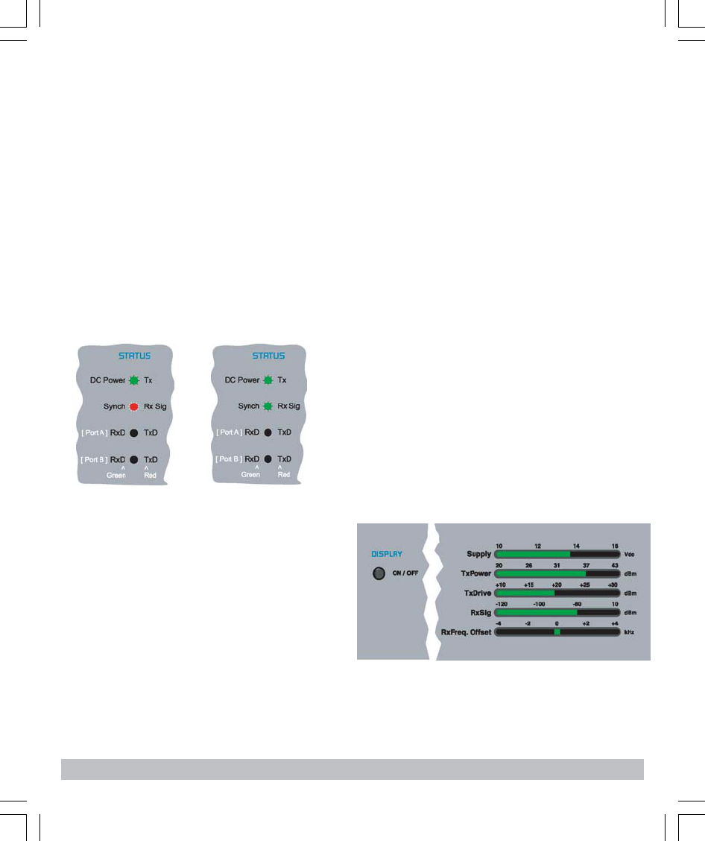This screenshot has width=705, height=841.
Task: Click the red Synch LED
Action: pyautogui.click(x=133, y=407)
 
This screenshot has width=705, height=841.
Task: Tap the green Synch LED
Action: pyautogui.click(x=268, y=407)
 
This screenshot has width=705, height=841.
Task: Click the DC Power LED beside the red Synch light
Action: pyautogui.click(x=133, y=380)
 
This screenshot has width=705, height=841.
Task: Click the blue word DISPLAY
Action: pyautogui.click(x=387, y=555)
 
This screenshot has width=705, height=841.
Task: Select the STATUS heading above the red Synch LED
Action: pyautogui.click(x=134, y=356)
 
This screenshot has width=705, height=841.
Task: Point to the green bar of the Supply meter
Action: pyautogui.click(x=532, y=555)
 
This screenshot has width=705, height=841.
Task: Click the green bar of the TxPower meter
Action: pyautogui.click(x=540, y=574)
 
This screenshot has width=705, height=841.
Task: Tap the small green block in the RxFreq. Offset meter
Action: pyautogui.click(x=557, y=631)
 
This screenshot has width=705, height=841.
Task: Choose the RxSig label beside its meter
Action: pyautogui.click(x=479, y=612)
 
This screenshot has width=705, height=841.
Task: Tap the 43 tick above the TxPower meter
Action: pyautogui.click(x=614, y=565)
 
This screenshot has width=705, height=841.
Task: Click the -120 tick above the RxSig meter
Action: pyautogui.click(x=502, y=604)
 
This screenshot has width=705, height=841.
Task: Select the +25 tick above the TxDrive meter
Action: pyautogui.click(x=585, y=585)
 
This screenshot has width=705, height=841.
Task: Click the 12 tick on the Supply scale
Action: pyautogui.click(x=537, y=546)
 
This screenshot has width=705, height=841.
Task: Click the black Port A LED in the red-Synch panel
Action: pyautogui.click(x=133, y=432)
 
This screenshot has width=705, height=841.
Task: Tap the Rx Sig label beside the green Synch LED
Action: pyautogui.click(x=289, y=407)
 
